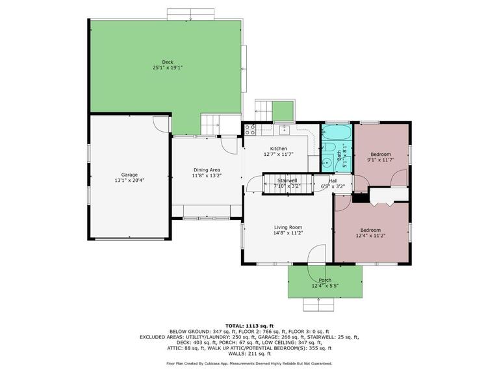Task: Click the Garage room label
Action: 129,175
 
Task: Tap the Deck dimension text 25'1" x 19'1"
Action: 168,68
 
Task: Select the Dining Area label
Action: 207,170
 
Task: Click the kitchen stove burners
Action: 250,129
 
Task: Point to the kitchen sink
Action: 284,129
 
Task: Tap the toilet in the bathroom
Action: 327,147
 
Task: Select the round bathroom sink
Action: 327,162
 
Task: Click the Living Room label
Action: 288,227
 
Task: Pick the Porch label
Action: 325,280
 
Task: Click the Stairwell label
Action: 287,181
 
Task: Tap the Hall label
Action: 333,181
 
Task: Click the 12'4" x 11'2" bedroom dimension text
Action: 370,236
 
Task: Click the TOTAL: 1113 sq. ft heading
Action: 249,326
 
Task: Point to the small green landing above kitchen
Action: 283,111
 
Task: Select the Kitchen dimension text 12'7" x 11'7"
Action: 279,155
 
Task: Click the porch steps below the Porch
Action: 318,305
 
